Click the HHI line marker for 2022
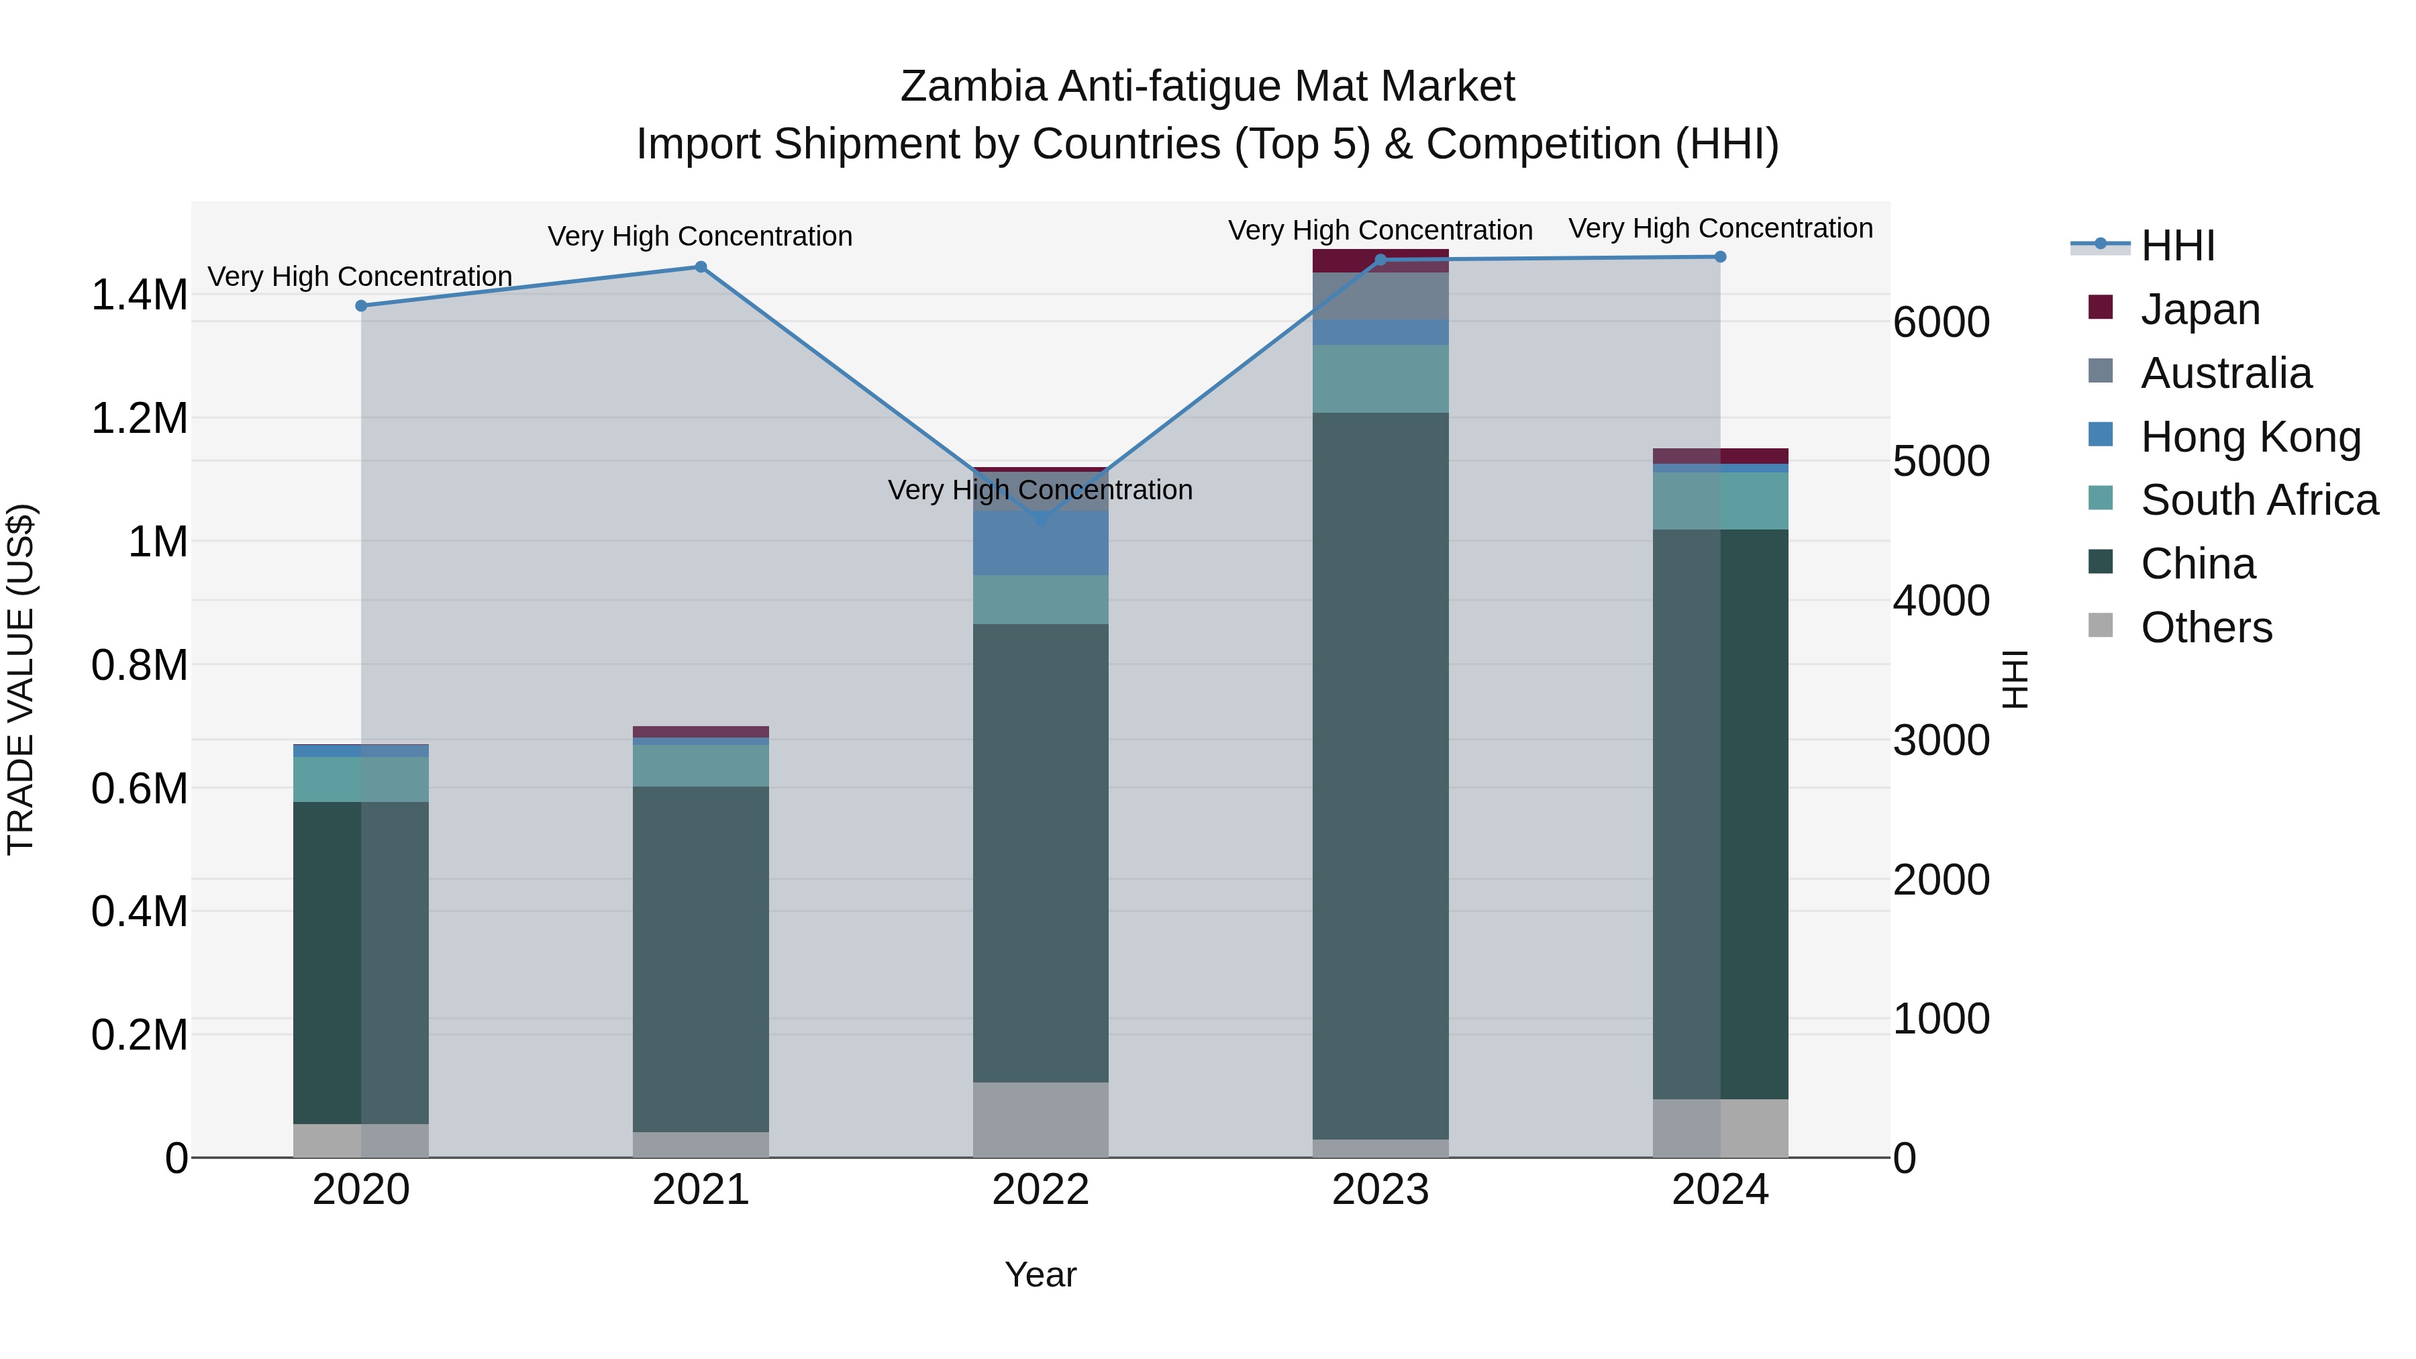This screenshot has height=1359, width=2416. tap(1040, 519)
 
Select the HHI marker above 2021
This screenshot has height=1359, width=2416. tap(701, 267)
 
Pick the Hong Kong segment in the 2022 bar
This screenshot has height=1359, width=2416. tap(1040, 543)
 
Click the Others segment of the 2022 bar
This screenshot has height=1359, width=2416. tap(1040, 1120)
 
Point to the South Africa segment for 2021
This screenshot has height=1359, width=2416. tap(701, 765)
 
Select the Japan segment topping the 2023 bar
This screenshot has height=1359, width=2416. tap(1380, 260)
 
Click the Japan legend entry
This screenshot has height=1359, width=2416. tap(2199, 309)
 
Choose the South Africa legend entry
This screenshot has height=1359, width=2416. tap(2258, 500)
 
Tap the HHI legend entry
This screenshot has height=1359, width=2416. tap(2177, 246)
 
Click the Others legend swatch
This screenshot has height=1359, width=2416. tap(2101, 625)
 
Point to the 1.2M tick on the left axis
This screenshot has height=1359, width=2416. tap(139, 418)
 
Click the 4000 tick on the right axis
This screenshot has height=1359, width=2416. tap(1940, 601)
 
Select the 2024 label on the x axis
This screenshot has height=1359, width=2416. tap(1719, 1190)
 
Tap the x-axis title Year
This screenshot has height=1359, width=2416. tap(1040, 1274)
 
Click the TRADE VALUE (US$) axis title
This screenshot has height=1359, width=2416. tap(21, 679)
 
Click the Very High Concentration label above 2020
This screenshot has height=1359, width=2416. tap(360, 276)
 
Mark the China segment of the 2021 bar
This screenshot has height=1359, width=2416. tap(701, 958)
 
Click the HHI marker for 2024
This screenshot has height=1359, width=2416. tap(1719, 257)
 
